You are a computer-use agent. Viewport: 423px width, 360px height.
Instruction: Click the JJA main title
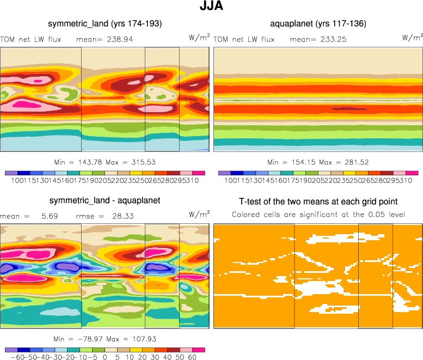[211, 7]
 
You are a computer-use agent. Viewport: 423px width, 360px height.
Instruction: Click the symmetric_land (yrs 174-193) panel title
[105, 23]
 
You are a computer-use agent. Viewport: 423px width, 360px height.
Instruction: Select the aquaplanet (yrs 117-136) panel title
[318, 23]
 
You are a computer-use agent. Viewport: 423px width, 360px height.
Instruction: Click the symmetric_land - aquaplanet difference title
[105, 200]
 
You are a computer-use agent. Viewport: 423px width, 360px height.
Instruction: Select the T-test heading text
[318, 201]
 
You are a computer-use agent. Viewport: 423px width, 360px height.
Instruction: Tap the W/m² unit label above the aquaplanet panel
[412, 38]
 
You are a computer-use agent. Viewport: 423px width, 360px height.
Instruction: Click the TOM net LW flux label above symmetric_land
[31, 39]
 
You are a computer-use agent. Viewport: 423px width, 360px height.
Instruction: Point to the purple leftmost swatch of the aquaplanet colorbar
[224, 173]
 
